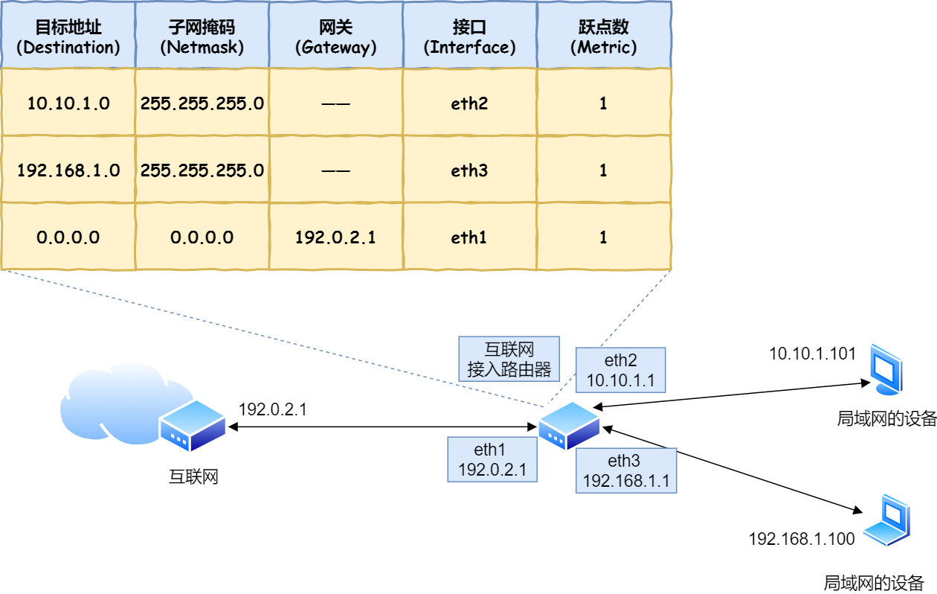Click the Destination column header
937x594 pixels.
(68, 36)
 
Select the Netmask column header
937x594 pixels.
(202, 36)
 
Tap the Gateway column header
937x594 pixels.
(335, 36)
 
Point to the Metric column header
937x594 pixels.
(603, 36)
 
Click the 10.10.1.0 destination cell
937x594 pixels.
(68, 103)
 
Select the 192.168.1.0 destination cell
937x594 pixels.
(68, 170)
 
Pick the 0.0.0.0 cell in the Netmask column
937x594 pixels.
(202, 237)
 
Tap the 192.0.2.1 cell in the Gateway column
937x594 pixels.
(335, 237)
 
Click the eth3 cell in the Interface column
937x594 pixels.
(469, 170)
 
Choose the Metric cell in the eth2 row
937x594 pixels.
(603, 103)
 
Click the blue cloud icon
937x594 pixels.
(112, 402)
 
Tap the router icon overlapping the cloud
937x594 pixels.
(192, 425)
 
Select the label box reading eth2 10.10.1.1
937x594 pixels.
(620, 370)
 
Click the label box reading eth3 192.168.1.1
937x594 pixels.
(626, 470)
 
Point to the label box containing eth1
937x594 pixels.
(492, 459)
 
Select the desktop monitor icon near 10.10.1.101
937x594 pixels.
(886, 368)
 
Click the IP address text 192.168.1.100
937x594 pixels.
(802, 539)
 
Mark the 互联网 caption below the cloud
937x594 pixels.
(193, 477)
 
